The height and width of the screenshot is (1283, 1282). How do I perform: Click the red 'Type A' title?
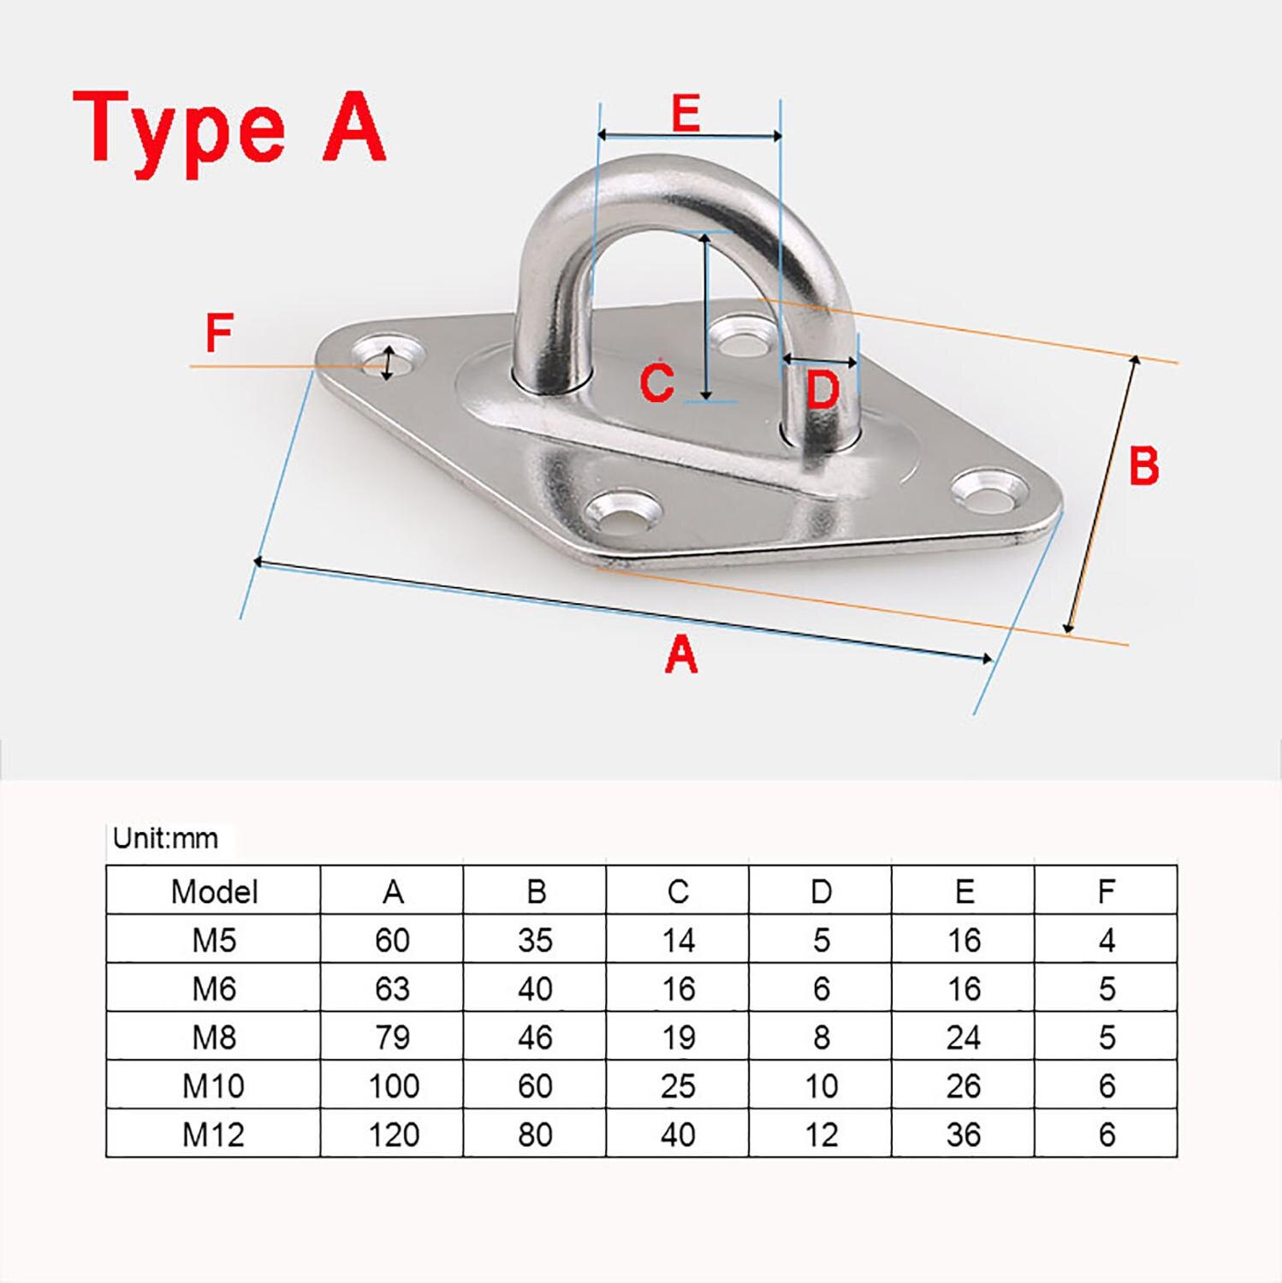click(229, 128)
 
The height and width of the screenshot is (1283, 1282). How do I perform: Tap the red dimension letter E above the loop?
click(686, 113)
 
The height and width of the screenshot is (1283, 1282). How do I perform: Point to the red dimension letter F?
click(219, 334)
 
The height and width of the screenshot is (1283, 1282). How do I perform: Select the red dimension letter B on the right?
click(1143, 466)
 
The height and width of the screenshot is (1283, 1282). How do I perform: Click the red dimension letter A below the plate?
click(681, 655)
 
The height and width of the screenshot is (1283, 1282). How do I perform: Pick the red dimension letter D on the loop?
click(822, 390)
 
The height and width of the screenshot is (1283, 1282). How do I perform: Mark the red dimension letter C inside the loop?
click(657, 381)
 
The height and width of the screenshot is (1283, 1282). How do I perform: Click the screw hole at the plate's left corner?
click(387, 361)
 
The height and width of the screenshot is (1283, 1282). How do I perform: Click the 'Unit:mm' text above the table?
click(166, 838)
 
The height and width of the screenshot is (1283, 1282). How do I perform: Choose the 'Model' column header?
click(214, 891)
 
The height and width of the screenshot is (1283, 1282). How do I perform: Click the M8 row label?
click(214, 1038)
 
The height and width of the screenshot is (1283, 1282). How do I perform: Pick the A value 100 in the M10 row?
click(393, 1086)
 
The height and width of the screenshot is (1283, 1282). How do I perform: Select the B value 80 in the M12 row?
click(535, 1135)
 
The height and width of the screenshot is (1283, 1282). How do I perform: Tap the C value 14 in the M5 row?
click(678, 941)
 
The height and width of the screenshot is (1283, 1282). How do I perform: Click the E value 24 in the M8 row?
click(964, 1038)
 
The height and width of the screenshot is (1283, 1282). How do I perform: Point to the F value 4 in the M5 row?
click(1107, 941)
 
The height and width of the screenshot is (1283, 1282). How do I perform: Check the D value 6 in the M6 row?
click(821, 990)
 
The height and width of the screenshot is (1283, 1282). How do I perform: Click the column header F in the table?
click(1107, 891)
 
